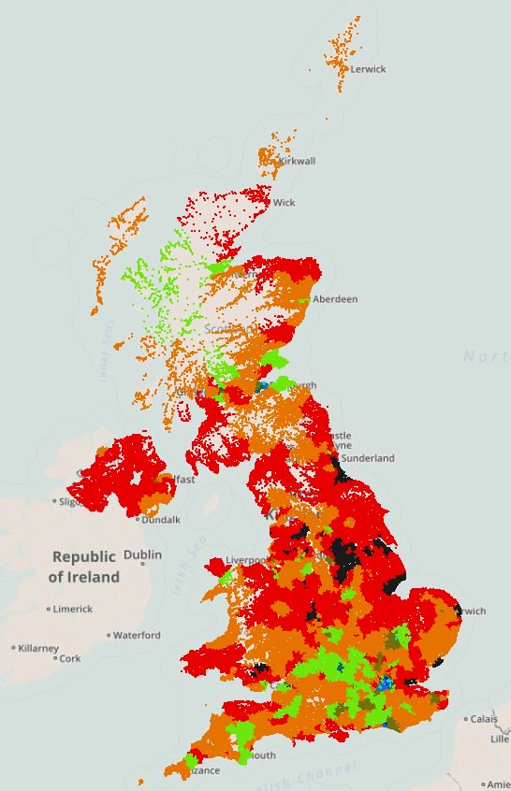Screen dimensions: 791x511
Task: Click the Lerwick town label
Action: (367, 69)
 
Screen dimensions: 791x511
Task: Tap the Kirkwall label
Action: (297, 161)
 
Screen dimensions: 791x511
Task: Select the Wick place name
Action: (284, 202)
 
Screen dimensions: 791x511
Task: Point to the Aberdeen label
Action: (335, 299)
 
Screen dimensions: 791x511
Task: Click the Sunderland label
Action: (368, 458)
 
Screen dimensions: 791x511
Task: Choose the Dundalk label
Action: (161, 520)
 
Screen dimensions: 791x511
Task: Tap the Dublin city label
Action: (142, 554)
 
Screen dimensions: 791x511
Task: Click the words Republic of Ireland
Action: (84, 567)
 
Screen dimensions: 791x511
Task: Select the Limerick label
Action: (72, 609)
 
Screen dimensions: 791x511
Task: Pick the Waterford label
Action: (137, 635)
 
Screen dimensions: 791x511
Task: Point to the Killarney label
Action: (38, 647)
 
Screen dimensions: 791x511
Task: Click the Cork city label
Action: (69, 658)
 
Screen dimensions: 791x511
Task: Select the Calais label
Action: (484, 719)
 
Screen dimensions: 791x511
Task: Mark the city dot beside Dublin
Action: (142, 564)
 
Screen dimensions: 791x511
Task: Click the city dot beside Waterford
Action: (109, 636)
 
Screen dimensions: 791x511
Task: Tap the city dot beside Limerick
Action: (49, 610)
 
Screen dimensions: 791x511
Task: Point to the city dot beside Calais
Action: (465, 719)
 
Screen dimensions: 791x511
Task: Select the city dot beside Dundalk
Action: (137, 520)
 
